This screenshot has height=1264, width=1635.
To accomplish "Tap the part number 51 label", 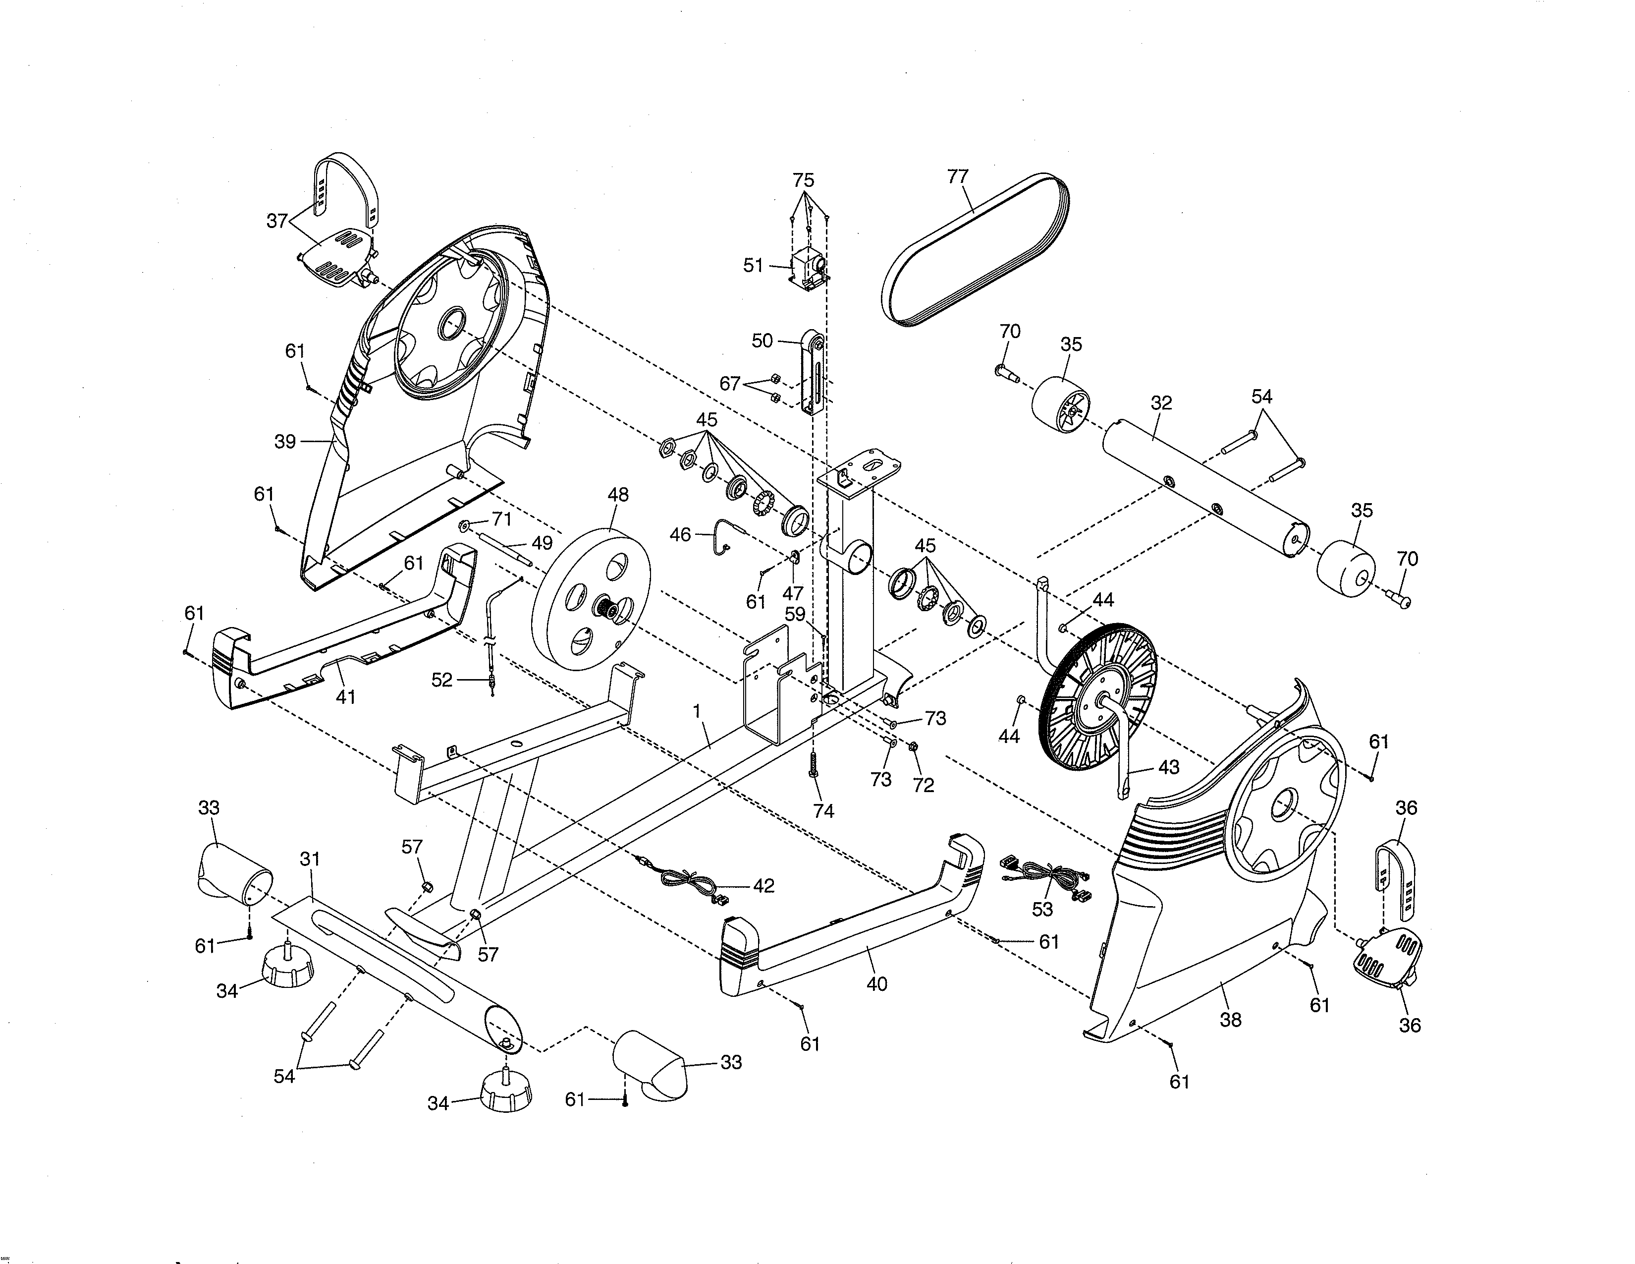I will coord(753,265).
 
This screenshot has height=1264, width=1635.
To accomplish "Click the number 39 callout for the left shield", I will coord(284,442).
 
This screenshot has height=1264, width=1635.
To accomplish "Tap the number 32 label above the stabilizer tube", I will coord(1161,402).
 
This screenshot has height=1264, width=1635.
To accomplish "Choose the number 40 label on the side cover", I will coord(876,983).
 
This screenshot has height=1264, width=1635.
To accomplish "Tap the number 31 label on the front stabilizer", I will coord(310,859).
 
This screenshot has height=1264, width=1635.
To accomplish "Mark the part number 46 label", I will coord(680,535).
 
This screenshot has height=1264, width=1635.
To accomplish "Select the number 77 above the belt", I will coord(958,177).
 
